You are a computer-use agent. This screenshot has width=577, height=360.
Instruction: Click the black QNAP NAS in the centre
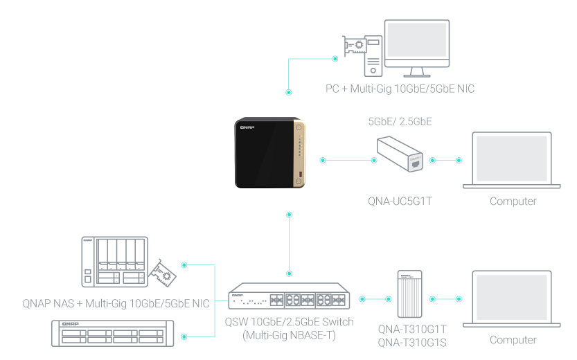tap(269, 154)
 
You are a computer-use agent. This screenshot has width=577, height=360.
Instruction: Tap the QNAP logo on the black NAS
tap(247, 128)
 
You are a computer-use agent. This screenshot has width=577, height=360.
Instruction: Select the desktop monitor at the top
tap(416, 46)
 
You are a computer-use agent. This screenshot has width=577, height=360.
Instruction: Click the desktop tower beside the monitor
tap(373, 56)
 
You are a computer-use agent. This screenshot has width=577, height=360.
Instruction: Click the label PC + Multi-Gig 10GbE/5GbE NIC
tap(400, 89)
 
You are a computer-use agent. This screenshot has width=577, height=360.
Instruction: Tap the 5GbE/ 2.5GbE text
tap(400, 121)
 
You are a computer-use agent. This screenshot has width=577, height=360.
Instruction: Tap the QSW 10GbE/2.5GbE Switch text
tap(289, 323)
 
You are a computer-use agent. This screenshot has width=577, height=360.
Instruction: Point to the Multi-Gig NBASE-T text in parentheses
tap(289, 335)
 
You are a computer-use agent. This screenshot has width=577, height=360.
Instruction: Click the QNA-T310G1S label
tap(413, 341)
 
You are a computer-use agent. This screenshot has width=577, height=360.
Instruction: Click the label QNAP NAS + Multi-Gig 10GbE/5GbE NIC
tap(116, 303)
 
